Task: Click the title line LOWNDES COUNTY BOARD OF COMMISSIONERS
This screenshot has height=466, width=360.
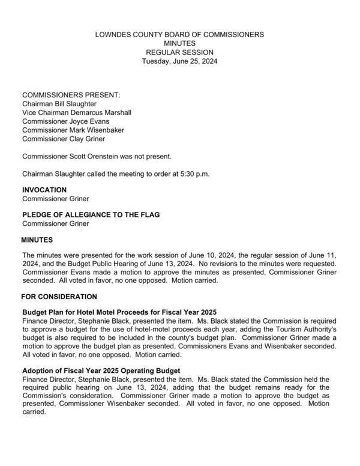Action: tap(179, 35)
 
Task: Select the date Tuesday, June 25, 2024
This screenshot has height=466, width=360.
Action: tap(179, 61)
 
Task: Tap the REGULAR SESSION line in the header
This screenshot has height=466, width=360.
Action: tap(179, 52)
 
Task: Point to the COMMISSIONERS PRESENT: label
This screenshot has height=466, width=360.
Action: tap(71, 95)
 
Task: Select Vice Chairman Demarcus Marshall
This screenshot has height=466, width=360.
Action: tap(76, 112)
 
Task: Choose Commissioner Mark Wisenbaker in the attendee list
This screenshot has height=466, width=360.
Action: tap(73, 130)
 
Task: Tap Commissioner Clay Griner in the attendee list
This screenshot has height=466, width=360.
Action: tap(64, 138)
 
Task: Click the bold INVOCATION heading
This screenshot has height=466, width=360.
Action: tap(44, 190)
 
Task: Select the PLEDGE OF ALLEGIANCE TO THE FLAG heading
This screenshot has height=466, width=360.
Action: tap(91, 215)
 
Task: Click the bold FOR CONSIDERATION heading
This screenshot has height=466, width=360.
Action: tap(59, 296)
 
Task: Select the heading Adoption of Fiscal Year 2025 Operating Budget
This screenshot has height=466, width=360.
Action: tap(101, 371)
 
